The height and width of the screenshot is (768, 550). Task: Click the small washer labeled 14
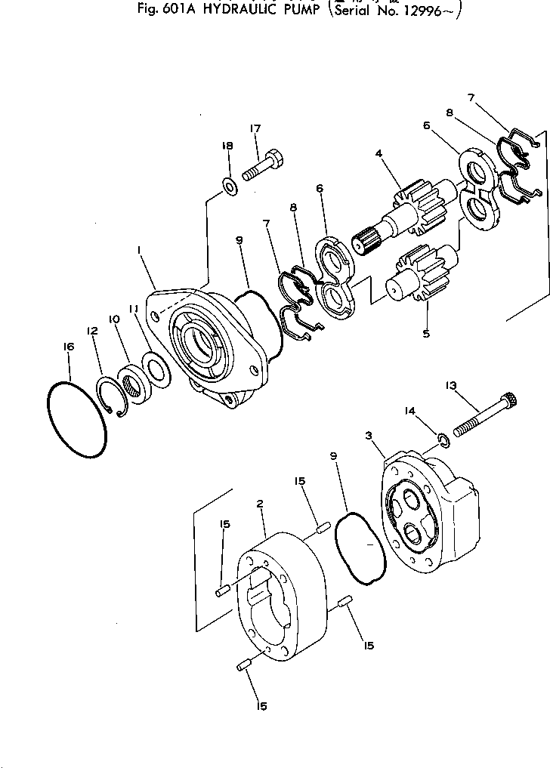coord(444,439)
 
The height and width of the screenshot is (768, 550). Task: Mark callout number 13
coord(451,386)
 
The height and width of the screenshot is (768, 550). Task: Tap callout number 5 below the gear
coord(427,333)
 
